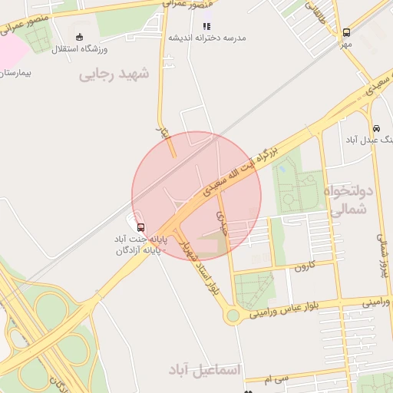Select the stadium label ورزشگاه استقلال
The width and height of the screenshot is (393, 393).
point(80,49)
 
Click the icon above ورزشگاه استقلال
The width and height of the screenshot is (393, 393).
point(80,37)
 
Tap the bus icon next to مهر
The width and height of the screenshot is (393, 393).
point(347,32)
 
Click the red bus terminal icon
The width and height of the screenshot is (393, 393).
point(140,226)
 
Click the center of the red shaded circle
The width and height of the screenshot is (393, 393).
point(196,195)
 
